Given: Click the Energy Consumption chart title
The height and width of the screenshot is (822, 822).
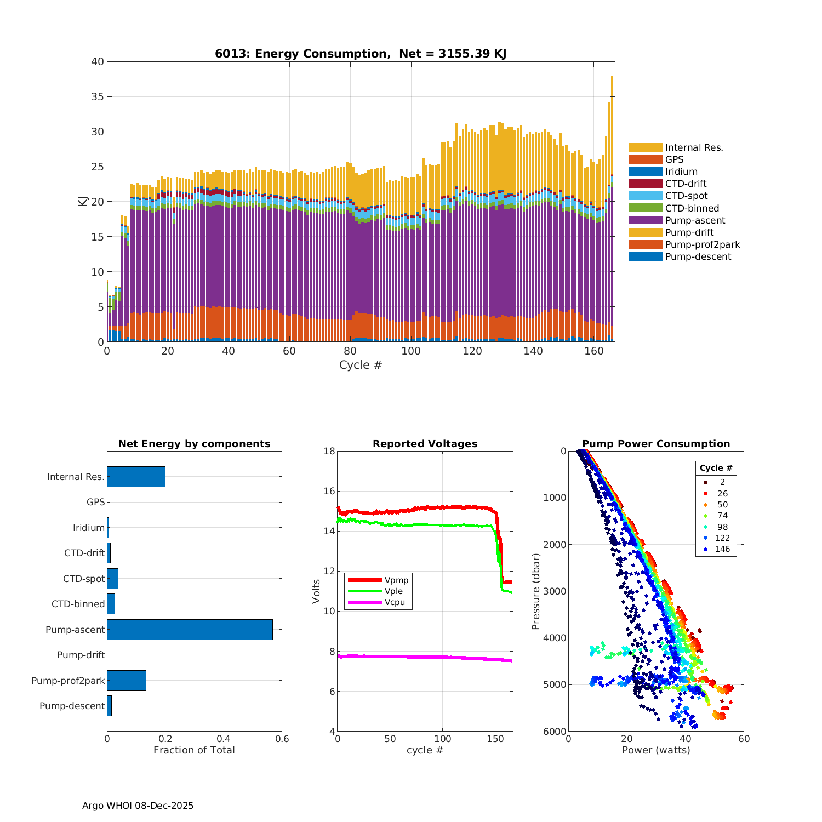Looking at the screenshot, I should point(360,54).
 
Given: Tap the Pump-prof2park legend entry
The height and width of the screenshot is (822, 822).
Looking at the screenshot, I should point(702,244).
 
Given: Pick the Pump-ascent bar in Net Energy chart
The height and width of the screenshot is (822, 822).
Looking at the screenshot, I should point(190,630).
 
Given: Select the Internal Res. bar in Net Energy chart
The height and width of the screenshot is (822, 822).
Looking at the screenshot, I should point(136,477).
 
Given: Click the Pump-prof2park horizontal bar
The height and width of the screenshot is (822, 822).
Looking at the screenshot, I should point(127,681).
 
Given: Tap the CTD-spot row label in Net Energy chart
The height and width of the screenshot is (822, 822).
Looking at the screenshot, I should point(84,579).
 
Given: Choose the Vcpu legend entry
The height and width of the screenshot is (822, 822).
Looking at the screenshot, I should point(394,602).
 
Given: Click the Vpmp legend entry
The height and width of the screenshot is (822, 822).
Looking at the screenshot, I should point(396,580).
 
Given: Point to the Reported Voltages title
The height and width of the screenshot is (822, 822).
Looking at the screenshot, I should point(425,444).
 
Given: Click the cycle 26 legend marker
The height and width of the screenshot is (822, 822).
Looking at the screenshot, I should point(705,494).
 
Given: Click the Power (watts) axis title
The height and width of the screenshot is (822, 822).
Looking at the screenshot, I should point(655,750).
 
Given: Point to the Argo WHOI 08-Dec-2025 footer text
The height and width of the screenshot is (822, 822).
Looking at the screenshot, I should point(138,806).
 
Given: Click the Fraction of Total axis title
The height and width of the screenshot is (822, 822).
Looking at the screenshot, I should point(194,750).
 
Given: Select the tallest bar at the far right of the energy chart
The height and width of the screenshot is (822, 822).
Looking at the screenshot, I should point(612,208).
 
